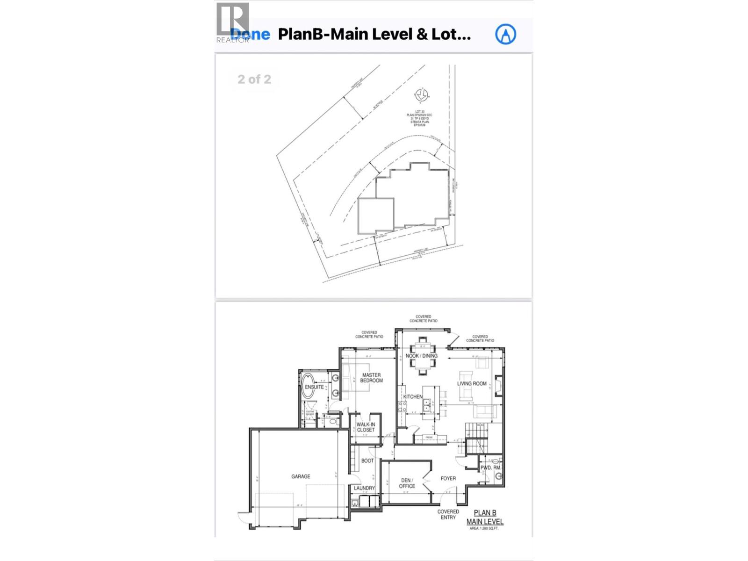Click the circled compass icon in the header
[x=505, y=34]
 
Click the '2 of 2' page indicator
[x=254, y=79]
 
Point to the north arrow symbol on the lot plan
[x=421, y=96]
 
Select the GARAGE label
[x=301, y=476]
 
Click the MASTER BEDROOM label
[x=371, y=378]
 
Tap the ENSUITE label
[x=314, y=387]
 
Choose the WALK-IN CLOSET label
[x=366, y=427]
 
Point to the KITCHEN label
[x=413, y=397]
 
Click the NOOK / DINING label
[x=422, y=356]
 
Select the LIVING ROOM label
[x=472, y=384]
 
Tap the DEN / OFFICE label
[x=407, y=483]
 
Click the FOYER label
[x=448, y=479]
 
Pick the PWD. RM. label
[x=490, y=467]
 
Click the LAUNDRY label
[x=364, y=488]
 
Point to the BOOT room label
[x=367, y=461]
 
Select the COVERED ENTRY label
[x=448, y=514]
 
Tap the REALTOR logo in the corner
[x=233, y=23]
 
